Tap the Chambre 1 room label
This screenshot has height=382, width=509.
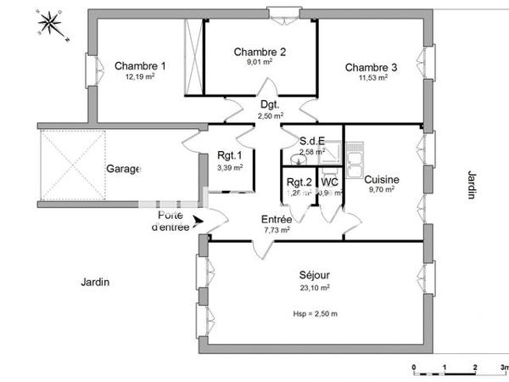tap(140, 66)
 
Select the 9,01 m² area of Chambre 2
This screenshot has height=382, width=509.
tap(260, 62)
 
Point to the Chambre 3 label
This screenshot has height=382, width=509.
tap(371, 67)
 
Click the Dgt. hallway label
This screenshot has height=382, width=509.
tap(271, 104)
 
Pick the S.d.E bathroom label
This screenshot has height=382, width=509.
tap(313, 141)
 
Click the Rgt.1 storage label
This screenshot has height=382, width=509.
tap(230, 155)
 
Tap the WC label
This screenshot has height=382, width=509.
tap(330, 182)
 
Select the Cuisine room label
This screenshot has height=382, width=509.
tap(382, 179)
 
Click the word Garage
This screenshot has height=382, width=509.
tap(123, 169)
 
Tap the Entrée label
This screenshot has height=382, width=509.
tap(277, 219)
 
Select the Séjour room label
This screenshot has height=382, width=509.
tap(314, 275)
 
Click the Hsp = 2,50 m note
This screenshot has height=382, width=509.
tap(314, 314)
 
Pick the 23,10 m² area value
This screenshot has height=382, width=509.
tap(314, 288)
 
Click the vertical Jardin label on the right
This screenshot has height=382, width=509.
tap(471, 184)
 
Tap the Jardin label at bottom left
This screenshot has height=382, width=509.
tap(96, 283)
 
